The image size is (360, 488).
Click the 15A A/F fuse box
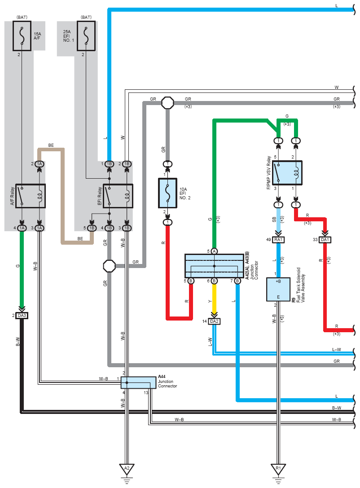[x=22, y=36]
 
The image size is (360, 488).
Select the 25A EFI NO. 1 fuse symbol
[x=86, y=36]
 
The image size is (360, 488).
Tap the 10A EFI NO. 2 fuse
[x=168, y=193]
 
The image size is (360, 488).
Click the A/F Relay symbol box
[x=31, y=196]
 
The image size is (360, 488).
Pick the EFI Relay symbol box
[x=118, y=196]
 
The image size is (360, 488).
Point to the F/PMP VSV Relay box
[x=287, y=173]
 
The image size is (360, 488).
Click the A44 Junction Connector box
[x=138, y=382]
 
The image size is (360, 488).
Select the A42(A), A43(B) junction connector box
[x=215, y=266]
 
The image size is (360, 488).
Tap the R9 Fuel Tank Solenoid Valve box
[x=278, y=290]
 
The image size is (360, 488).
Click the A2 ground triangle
[x=127, y=469]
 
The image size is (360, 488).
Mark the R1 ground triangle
[x=278, y=469]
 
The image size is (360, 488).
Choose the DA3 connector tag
[x=22, y=316]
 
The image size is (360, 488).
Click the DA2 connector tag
[x=215, y=321]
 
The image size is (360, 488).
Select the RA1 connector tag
[x=278, y=240]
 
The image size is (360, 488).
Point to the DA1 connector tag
[x=325, y=240]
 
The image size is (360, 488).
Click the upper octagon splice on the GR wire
[x=168, y=103]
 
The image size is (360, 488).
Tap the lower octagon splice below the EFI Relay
[x=109, y=266]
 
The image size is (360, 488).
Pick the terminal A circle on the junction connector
[x=215, y=251]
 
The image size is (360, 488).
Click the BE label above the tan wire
[x=51, y=145]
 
